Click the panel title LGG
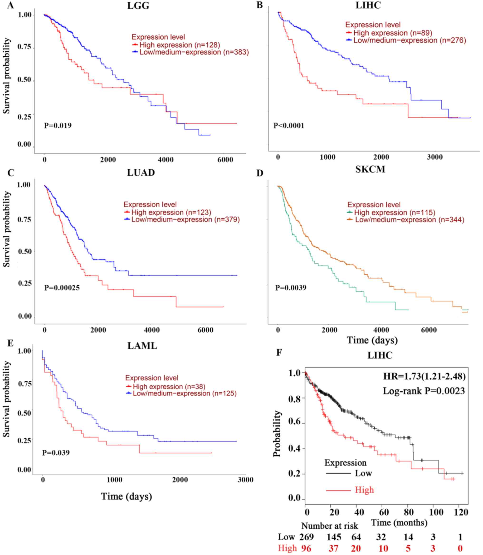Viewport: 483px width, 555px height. [138, 6]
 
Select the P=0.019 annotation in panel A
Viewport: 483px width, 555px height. [58, 126]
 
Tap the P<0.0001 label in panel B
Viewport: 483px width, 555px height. [289, 126]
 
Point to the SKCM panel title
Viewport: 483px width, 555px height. [370, 170]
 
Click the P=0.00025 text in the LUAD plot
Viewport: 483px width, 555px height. [62, 288]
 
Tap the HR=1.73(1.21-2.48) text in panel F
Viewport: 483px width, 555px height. [424, 376]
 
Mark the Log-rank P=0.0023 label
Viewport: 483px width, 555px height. [424, 391]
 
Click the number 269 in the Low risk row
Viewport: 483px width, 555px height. [307, 537]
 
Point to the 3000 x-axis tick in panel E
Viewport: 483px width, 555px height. [246, 480]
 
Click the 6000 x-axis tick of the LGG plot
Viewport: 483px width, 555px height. [225, 160]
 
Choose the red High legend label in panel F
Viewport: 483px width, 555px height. [364, 490]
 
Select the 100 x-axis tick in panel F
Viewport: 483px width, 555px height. [436, 512]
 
